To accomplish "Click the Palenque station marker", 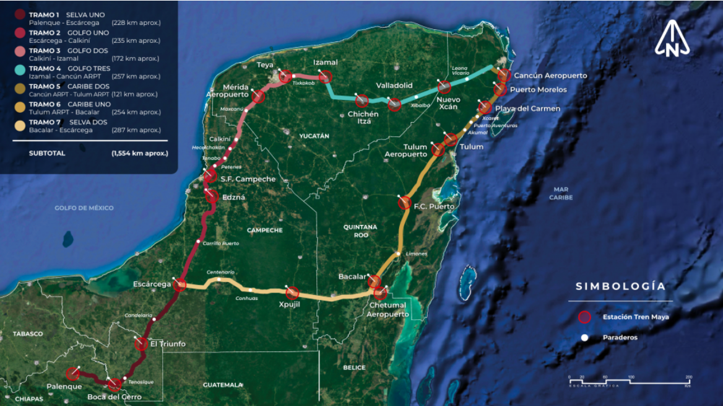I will pyautogui.click(x=73, y=373).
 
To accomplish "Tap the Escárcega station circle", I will pyautogui.click(x=180, y=285).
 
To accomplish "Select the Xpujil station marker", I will pyautogui.click(x=292, y=293).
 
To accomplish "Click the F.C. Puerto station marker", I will pyautogui.click(x=405, y=202).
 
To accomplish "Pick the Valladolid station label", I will pyautogui.click(x=394, y=86).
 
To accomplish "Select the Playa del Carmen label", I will pyautogui.click(x=527, y=108).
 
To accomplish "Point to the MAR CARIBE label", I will pyautogui.click(x=561, y=193).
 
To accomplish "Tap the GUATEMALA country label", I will pyautogui.click(x=223, y=385).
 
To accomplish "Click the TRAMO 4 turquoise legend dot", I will pyautogui.click(x=20, y=68).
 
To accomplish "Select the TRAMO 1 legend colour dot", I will pyautogui.click(x=20, y=14).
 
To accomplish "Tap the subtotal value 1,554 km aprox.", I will pyautogui.click(x=139, y=152).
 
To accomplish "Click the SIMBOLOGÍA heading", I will pyautogui.click(x=620, y=286).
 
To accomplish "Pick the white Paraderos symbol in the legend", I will pyautogui.click(x=584, y=338).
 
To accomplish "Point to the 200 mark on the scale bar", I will pyautogui.click(x=688, y=377).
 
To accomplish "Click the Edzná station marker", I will pyautogui.click(x=212, y=196).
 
